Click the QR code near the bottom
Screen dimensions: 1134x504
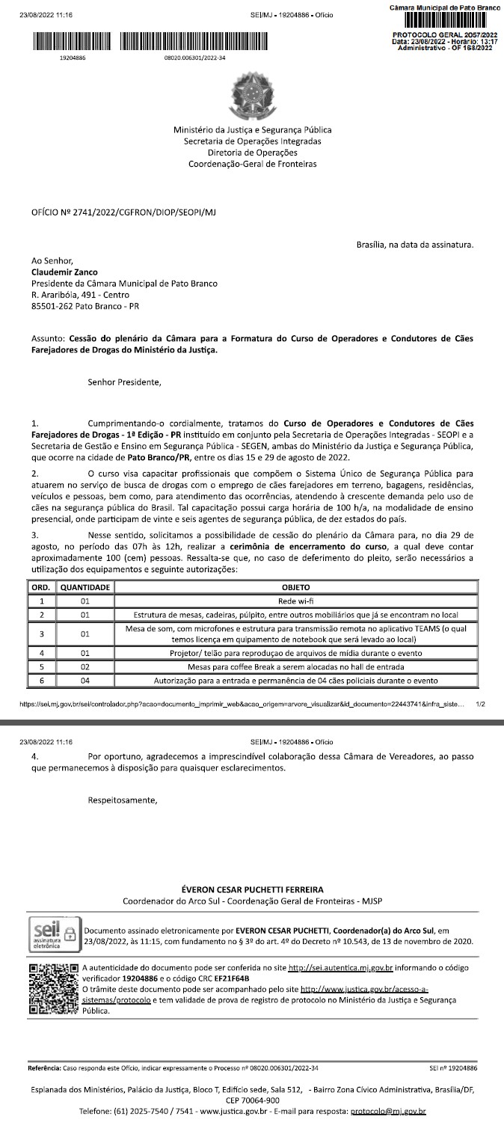[52, 989]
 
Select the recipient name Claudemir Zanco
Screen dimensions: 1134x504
[64, 272]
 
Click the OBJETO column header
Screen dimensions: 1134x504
[295, 588]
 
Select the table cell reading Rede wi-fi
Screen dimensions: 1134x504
[295, 600]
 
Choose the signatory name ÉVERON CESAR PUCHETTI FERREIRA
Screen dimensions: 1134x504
[253, 889]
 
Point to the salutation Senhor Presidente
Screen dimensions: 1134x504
[124, 382]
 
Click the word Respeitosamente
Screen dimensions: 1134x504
[123, 800]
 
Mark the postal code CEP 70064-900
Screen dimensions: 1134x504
[252, 1100]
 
